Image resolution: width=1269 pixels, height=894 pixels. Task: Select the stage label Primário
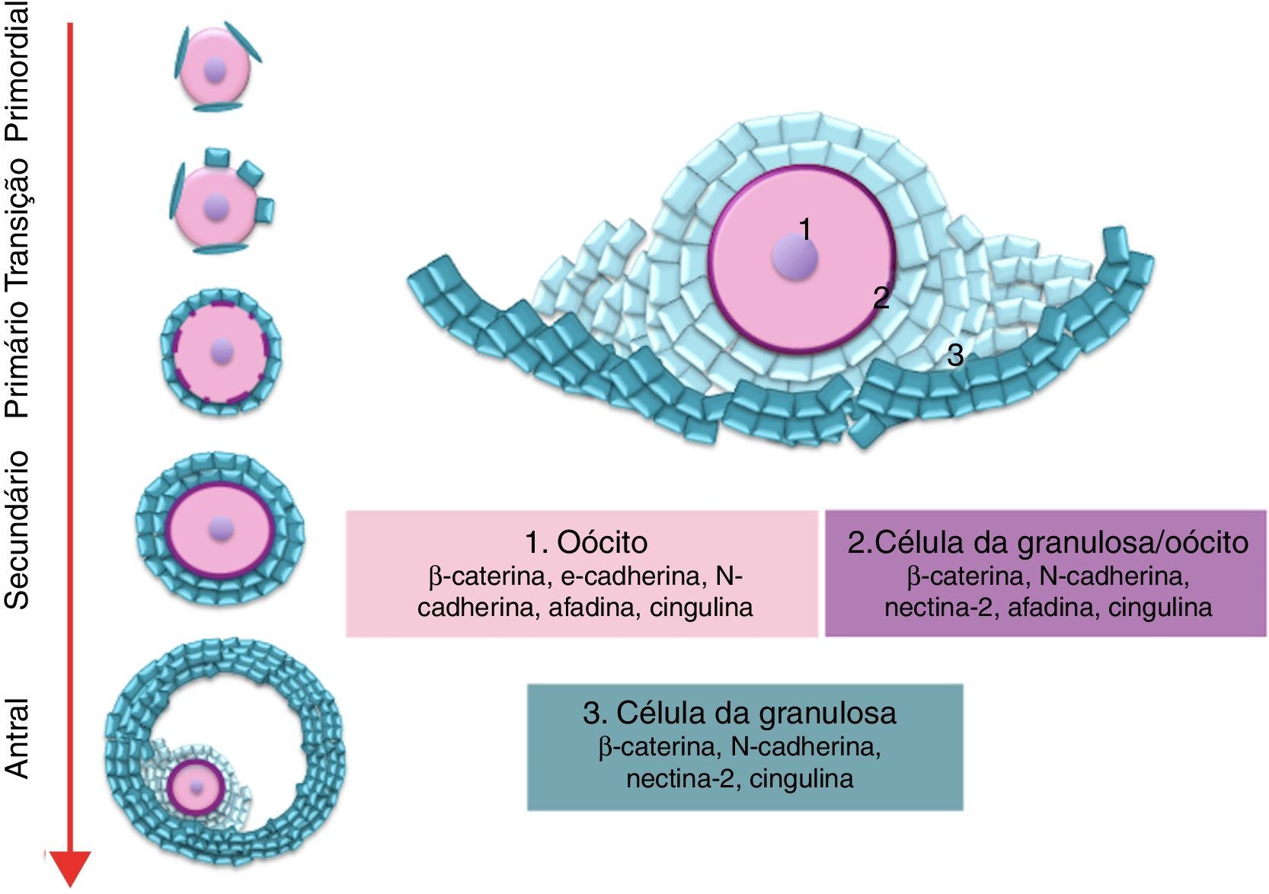17,359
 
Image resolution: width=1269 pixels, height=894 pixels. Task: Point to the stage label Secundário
17,530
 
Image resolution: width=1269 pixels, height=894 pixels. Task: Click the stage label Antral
17,738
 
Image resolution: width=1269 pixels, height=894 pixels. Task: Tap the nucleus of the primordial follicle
216,70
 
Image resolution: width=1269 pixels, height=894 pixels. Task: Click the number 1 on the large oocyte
806,228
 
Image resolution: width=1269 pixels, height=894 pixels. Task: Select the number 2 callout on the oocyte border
881,298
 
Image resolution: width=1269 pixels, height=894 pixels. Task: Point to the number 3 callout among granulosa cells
955,355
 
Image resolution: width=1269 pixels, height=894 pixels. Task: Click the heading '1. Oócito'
587,542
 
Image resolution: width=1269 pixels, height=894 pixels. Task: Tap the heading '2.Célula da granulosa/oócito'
1048,542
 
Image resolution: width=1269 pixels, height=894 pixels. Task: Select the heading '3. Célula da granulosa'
740,713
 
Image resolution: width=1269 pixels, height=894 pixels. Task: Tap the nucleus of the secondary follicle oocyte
222,526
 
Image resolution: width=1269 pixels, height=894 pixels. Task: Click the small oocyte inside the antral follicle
197,787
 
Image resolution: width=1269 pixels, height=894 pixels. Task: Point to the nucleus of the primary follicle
222,351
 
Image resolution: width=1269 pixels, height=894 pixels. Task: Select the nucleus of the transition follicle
217,206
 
